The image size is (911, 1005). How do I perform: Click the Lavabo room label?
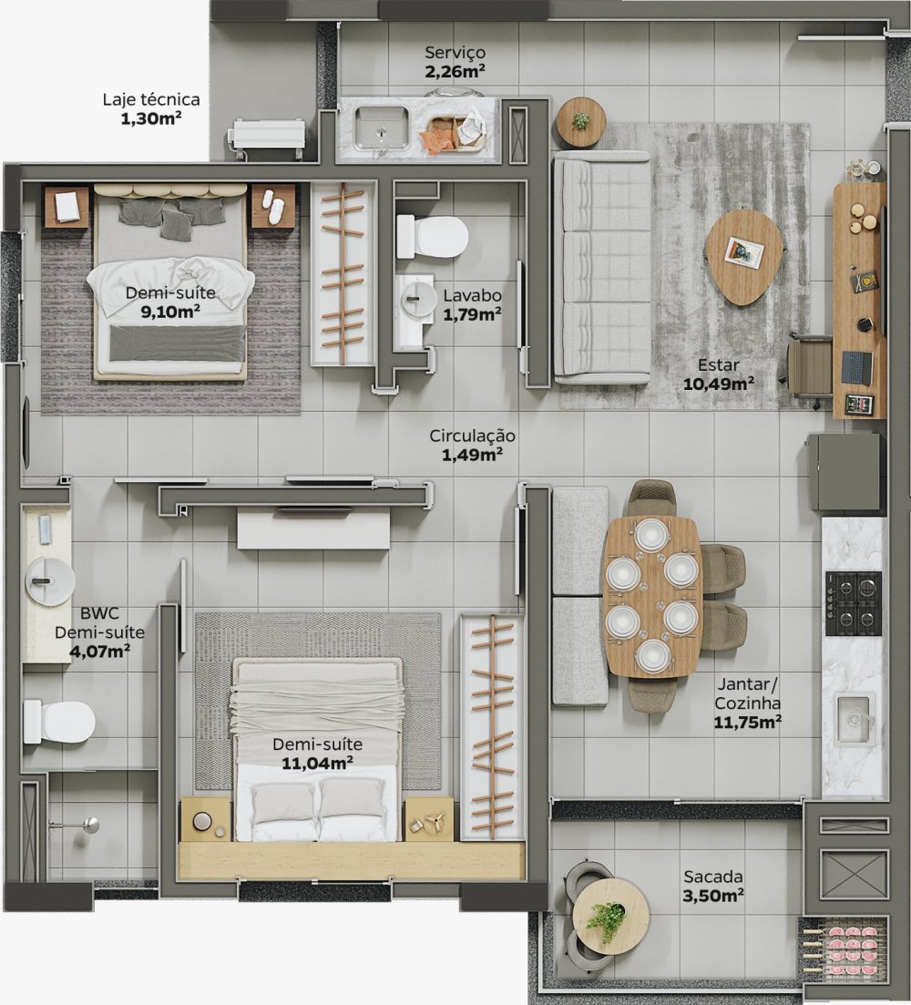point(472,296)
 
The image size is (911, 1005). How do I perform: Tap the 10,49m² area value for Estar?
point(718,383)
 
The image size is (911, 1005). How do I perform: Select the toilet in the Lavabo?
point(433,237)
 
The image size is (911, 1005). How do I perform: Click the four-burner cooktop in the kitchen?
point(853,603)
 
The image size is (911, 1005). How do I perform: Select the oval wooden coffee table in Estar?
point(744,255)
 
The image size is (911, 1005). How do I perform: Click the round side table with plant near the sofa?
point(580,121)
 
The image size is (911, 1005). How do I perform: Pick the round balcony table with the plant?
point(610,916)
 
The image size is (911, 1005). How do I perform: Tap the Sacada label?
point(713,877)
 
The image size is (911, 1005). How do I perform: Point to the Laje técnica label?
point(151,100)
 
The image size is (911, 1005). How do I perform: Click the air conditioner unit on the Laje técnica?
point(268,137)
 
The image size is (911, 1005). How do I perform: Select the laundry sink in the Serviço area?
point(381,127)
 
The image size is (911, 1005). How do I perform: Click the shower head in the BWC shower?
point(91,826)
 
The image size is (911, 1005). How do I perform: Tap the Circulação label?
point(473,436)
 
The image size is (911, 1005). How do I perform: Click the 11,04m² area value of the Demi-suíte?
point(317,763)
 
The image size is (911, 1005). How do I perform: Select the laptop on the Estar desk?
point(856,367)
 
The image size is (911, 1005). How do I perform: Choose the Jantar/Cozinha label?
point(747,694)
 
